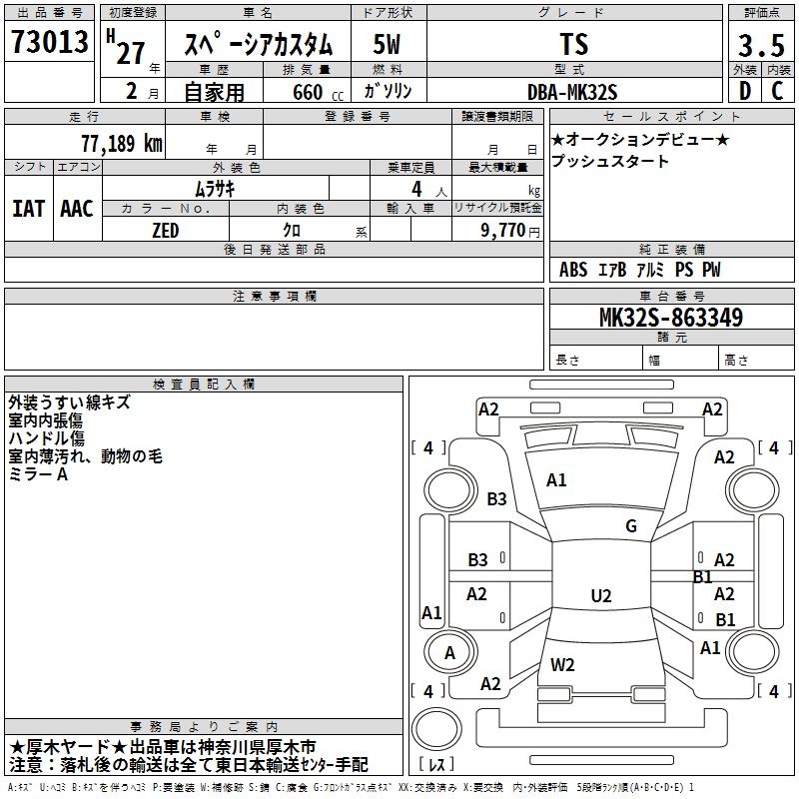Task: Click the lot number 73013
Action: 50,43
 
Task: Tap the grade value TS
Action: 574,44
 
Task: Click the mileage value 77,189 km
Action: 121,144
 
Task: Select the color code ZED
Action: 165,230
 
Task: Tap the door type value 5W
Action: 388,44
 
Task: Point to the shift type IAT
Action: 28,208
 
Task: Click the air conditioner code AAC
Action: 77,208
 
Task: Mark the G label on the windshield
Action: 630,526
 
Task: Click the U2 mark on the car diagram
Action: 600,596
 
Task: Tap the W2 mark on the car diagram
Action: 562,664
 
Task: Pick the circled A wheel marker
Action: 449,653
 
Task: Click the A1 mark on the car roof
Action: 556,480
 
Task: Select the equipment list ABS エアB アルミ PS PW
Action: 639,270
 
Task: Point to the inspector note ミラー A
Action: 39,474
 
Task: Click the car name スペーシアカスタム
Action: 258,44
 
